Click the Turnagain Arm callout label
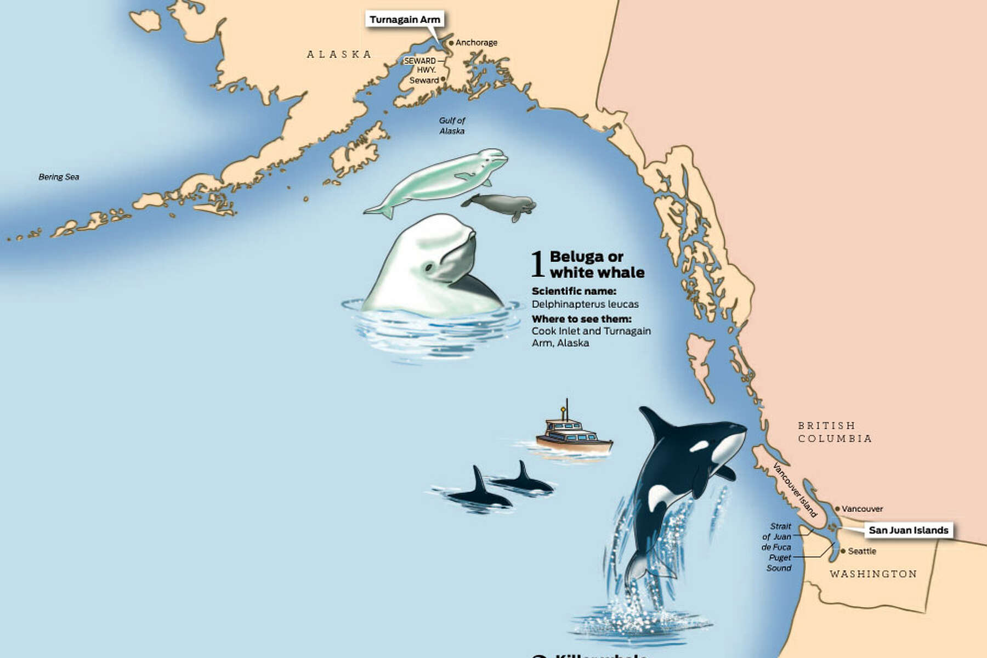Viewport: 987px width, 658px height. (x=405, y=20)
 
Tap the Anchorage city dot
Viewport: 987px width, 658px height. (x=451, y=43)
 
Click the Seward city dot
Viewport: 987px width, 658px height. (x=443, y=80)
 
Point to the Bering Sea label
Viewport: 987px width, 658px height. (x=59, y=177)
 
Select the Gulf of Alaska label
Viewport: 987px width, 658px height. (x=452, y=126)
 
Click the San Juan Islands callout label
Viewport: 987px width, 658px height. (x=908, y=530)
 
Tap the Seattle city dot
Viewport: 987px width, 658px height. (x=843, y=551)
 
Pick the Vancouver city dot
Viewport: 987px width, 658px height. (x=837, y=509)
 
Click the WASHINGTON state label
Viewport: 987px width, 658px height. (x=873, y=574)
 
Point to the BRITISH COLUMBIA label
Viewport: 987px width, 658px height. (x=835, y=432)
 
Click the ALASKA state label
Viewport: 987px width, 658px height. (x=339, y=54)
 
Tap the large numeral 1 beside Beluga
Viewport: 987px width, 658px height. (x=538, y=264)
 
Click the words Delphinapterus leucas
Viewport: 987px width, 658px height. (x=585, y=304)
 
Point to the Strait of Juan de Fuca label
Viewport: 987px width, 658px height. (x=777, y=536)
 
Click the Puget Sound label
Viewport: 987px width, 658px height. (x=779, y=563)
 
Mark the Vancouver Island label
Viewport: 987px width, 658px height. (x=795, y=490)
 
